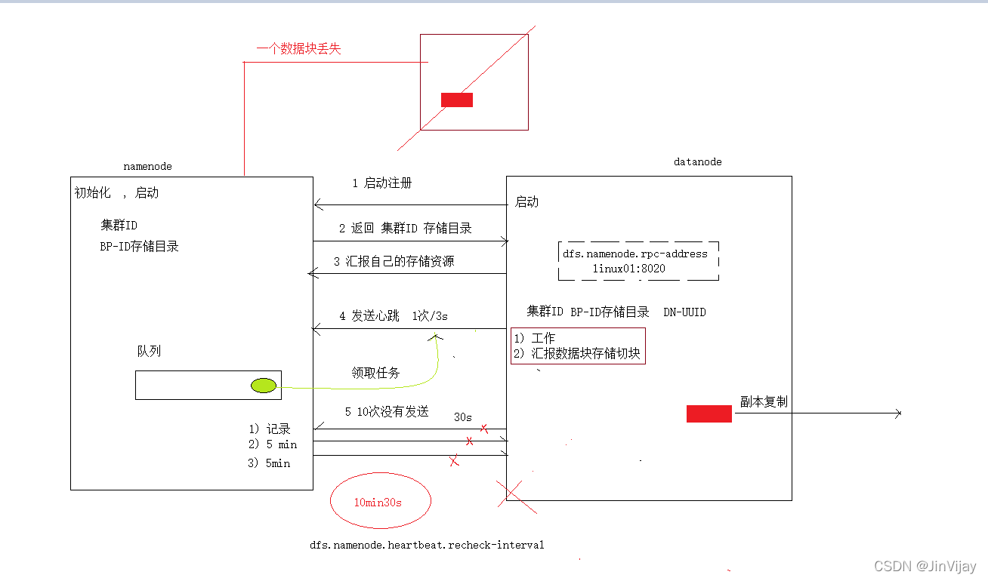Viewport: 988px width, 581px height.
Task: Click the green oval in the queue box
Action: pyautogui.click(x=264, y=386)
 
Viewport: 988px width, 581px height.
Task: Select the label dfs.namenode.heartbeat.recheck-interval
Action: pyautogui.click(x=427, y=545)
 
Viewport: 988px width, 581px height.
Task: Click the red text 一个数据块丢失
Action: pyautogui.click(x=298, y=49)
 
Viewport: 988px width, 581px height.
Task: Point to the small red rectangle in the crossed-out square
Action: pyautogui.click(x=457, y=100)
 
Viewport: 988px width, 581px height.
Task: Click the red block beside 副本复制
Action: pyautogui.click(x=709, y=413)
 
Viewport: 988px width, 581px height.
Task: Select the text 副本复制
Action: pyautogui.click(x=764, y=402)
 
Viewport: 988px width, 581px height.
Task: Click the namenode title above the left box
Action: pyautogui.click(x=147, y=166)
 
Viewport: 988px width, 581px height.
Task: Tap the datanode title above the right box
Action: pyautogui.click(x=697, y=161)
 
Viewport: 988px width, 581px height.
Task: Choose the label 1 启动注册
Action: pyautogui.click(x=382, y=183)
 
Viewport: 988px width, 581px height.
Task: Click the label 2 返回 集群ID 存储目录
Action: pyautogui.click(x=405, y=228)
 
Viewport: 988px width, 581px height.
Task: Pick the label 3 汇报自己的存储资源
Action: pyautogui.click(x=394, y=261)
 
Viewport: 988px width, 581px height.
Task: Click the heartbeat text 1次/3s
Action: pyautogui.click(x=430, y=316)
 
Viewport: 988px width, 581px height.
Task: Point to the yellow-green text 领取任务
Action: pyautogui.click(x=375, y=373)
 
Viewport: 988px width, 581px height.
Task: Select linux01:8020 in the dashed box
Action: pyautogui.click(x=629, y=269)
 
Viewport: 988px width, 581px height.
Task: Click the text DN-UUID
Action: pyautogui.click(x=684, y=312)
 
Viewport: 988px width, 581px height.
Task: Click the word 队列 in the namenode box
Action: pyautogui.click(x=149, y=352)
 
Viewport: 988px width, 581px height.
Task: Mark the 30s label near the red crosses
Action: pyautogui.click(x=463, y=417)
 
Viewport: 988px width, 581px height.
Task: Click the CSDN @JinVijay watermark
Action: pyautogui.click(x=925, y=566)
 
